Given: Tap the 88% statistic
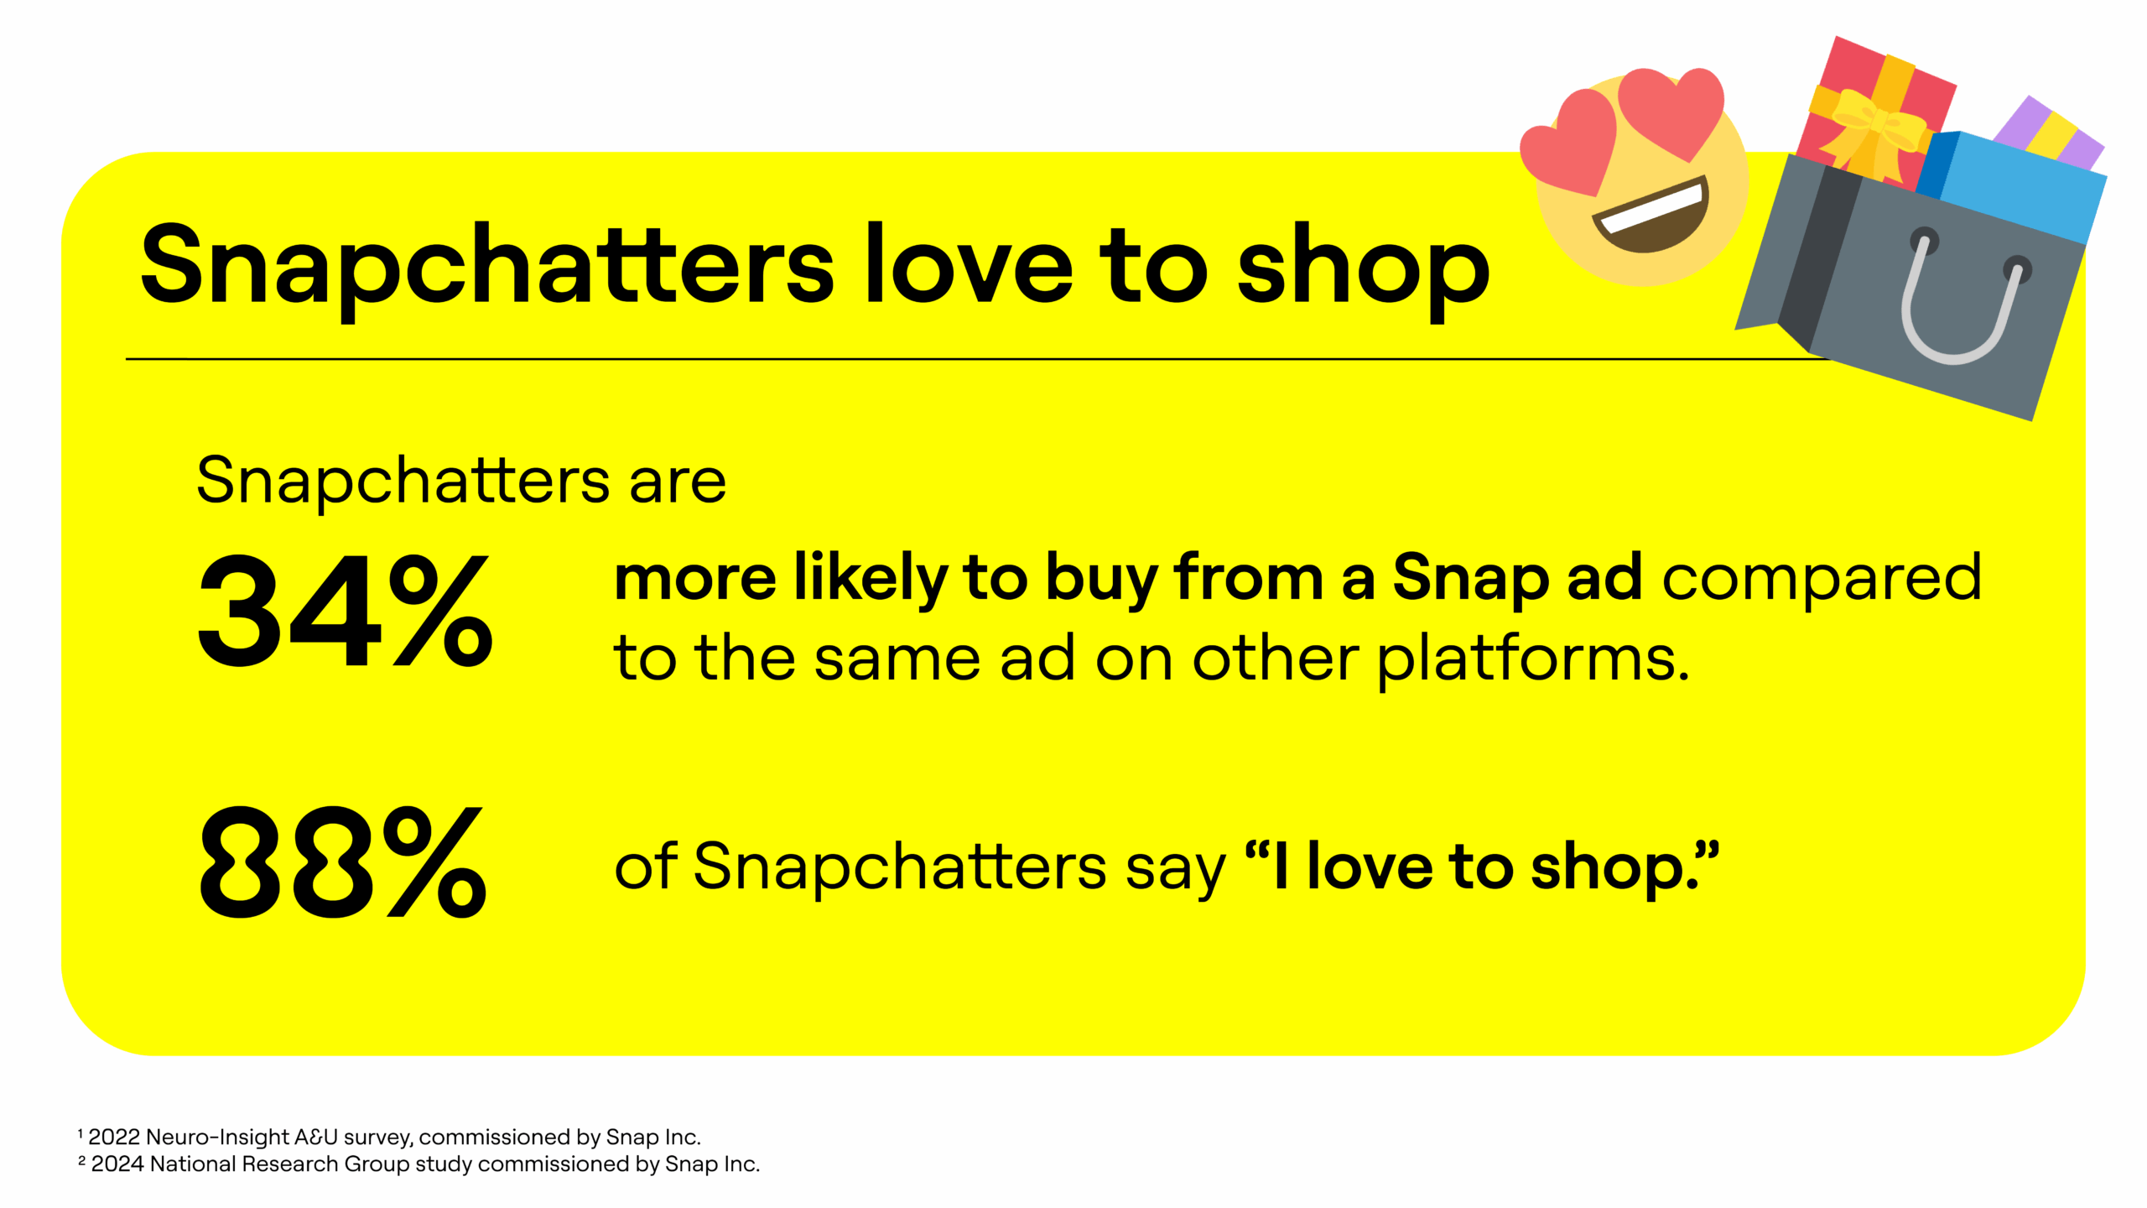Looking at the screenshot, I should coord(342,862).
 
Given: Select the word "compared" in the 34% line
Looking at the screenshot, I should coord(1821,578).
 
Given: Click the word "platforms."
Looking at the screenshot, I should coord(1533,659).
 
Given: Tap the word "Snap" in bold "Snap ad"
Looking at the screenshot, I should coord(1470,578).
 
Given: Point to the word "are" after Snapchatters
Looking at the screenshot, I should coord(678,482).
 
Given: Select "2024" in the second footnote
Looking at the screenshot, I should coord(117,1164).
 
